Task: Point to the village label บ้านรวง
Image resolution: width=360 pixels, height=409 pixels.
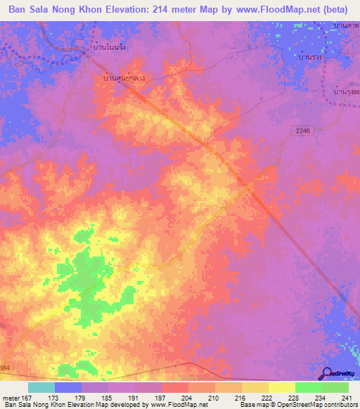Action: pyautogui.click(x=310, y=57)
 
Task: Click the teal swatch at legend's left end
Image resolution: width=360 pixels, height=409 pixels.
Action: pyautogui.click(x=41, y=387)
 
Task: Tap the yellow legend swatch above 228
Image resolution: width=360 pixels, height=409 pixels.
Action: pyautogui.click(x=281, y=387)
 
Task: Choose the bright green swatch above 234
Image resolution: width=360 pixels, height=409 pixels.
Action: pyautogui.click(x=308, y=387)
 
